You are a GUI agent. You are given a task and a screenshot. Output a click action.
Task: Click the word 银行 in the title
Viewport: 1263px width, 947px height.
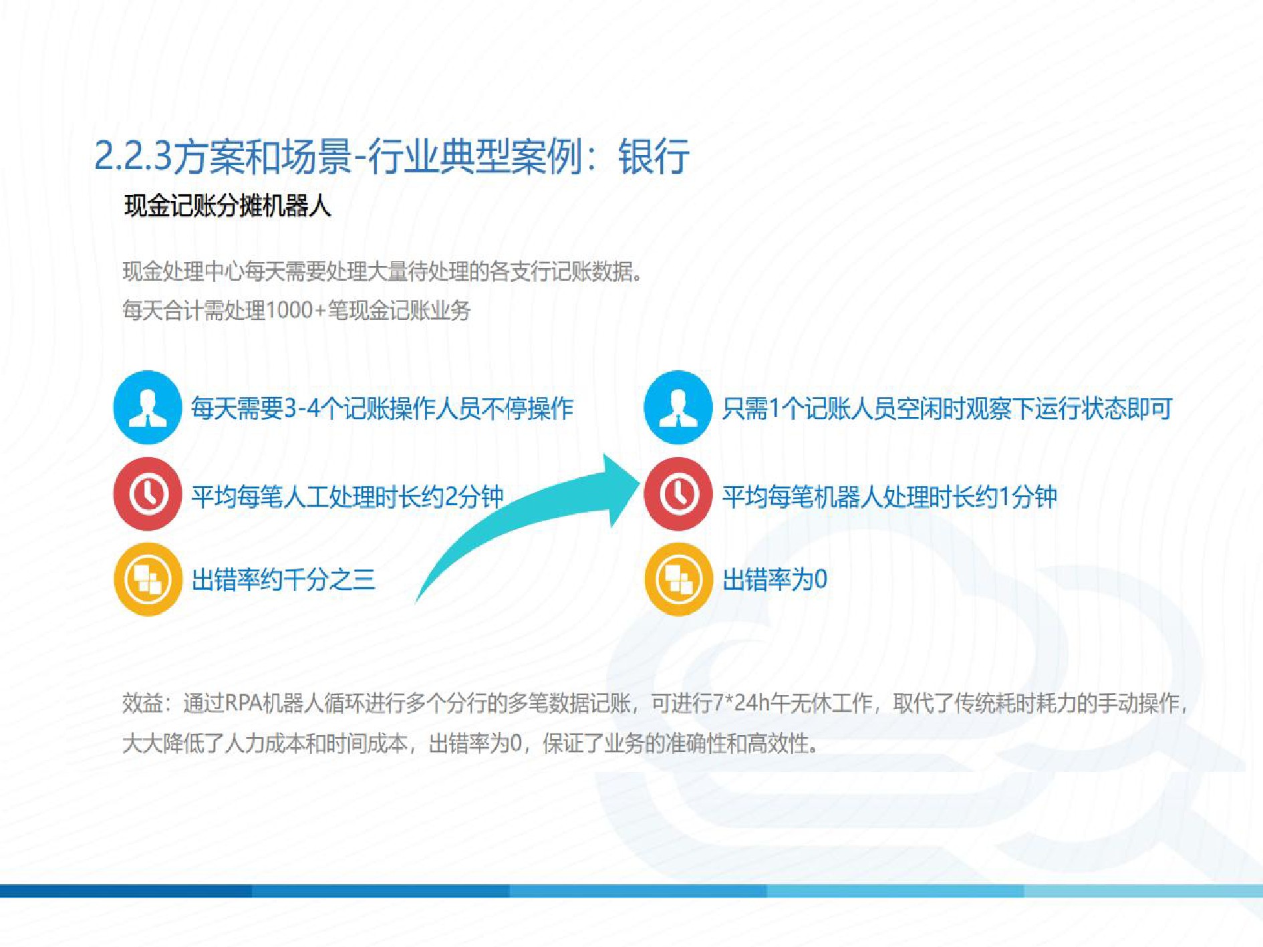point(653,157)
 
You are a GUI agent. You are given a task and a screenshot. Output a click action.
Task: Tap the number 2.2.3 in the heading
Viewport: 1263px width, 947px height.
point(133,157)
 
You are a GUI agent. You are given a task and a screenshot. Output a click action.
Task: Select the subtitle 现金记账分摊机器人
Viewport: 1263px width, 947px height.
point(227,205)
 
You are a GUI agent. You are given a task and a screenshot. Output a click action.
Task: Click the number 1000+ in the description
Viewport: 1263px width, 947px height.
point(295,310)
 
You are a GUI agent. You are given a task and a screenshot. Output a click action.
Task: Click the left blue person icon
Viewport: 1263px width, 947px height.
point(148,407)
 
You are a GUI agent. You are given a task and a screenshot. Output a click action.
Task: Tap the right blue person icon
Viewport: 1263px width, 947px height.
point(678,407)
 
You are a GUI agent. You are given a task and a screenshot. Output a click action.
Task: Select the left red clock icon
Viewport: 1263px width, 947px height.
point(148,494)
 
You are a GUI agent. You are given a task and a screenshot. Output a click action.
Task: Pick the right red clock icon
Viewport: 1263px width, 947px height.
point(678,494)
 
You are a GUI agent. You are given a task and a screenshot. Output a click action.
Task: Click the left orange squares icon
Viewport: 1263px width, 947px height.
point(148,579)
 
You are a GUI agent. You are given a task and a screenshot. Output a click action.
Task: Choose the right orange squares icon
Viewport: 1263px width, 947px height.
point(678,579)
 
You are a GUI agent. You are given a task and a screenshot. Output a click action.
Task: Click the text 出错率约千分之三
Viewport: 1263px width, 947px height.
point(283,579)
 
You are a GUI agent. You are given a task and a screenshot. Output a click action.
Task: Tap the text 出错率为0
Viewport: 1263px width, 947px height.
point(775,579)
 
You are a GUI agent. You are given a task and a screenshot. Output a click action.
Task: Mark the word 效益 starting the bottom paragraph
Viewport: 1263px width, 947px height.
point(142,703)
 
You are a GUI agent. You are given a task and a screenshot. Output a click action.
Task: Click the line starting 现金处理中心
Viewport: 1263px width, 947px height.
point(382,271)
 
